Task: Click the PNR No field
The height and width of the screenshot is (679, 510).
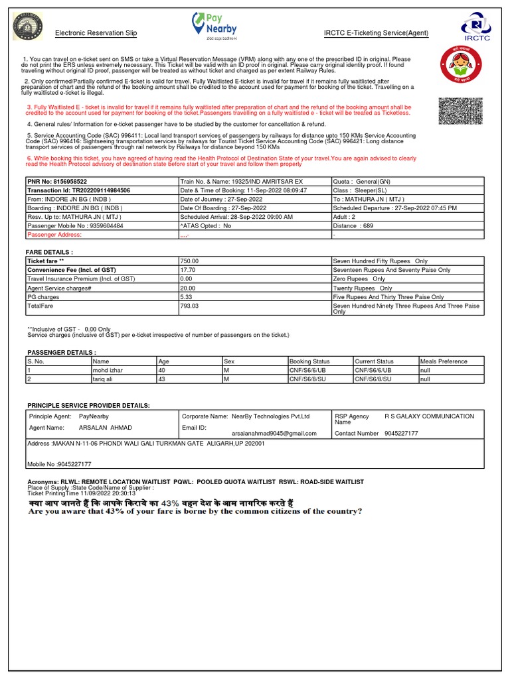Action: [57, 181]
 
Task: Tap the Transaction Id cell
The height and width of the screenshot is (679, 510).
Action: [78, 190]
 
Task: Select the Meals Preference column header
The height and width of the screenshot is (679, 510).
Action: [444, 361]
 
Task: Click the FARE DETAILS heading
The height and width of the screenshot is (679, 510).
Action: [49, 253]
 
